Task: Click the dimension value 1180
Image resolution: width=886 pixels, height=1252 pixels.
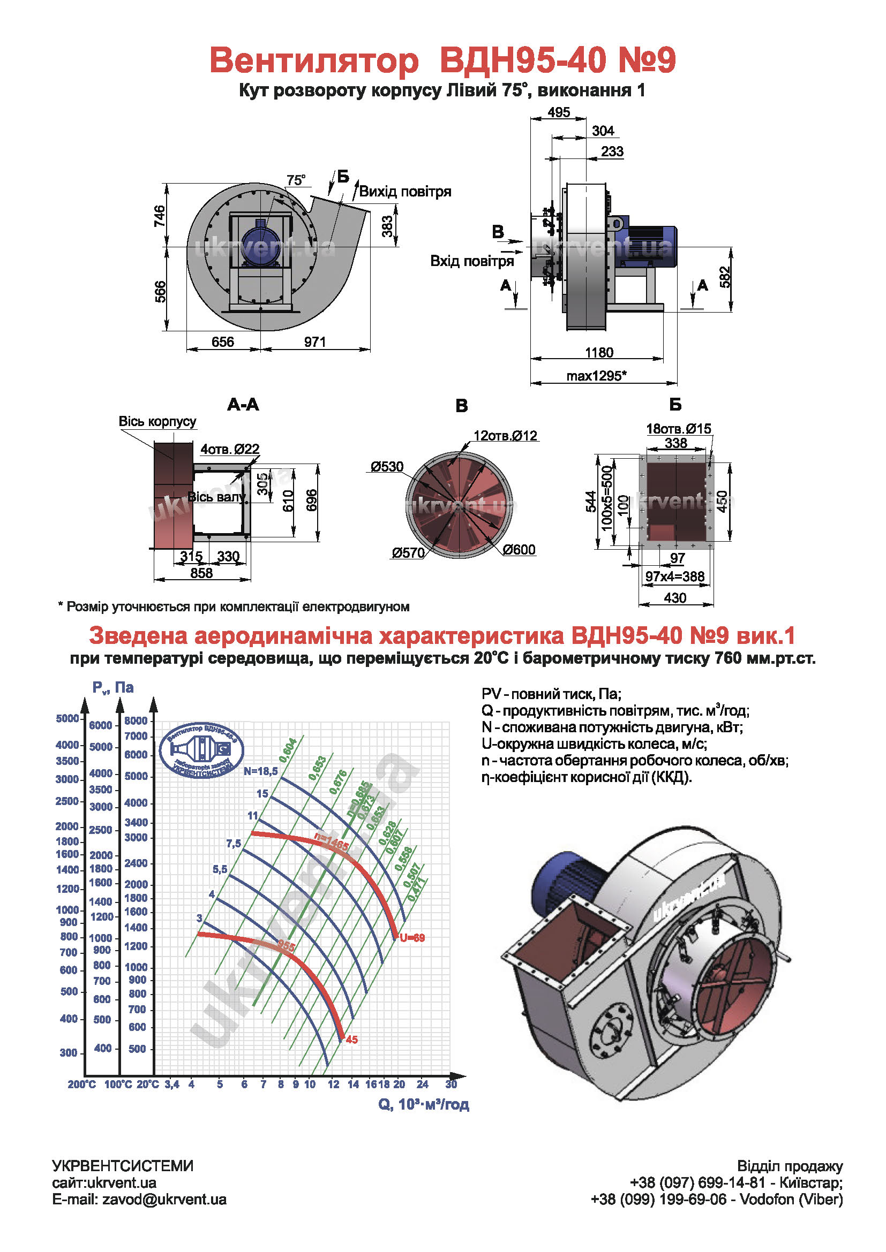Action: [x=598, y=352]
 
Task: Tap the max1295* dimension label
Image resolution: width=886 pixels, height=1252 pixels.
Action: [x=596, y=376]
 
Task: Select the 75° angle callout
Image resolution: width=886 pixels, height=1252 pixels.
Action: [x=296, y=180]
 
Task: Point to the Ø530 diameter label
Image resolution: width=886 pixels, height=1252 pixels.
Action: [x=387, y=466]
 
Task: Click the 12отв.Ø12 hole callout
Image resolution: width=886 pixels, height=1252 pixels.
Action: [x=505, y=436]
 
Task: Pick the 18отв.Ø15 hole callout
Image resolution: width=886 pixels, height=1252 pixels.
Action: [x=678, y=429]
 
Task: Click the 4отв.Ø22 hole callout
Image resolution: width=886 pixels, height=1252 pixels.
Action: [x=230, y=449]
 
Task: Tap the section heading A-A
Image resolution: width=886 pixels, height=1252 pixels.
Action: [x=243, y=405]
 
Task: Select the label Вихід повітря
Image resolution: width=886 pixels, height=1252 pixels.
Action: [x=405, y=192]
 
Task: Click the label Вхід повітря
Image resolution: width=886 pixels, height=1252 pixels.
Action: [x=471, y=261]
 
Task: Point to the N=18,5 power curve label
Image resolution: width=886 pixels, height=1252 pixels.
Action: [x=260, y=771]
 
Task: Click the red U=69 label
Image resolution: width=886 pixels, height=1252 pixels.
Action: [x=412, y=938]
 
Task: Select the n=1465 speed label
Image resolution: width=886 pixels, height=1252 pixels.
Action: [x=331, y=841]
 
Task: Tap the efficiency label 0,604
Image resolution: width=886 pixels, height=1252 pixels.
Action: [x=288, y=750]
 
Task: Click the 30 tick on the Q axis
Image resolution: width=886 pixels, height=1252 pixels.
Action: [x=450, y=1084]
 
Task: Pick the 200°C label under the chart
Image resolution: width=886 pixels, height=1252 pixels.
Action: [x=82, y=1084]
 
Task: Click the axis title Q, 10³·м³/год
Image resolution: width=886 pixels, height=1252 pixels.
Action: [x=423, y=1104]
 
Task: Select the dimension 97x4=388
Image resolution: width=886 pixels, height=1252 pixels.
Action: [x=675, y=576]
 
